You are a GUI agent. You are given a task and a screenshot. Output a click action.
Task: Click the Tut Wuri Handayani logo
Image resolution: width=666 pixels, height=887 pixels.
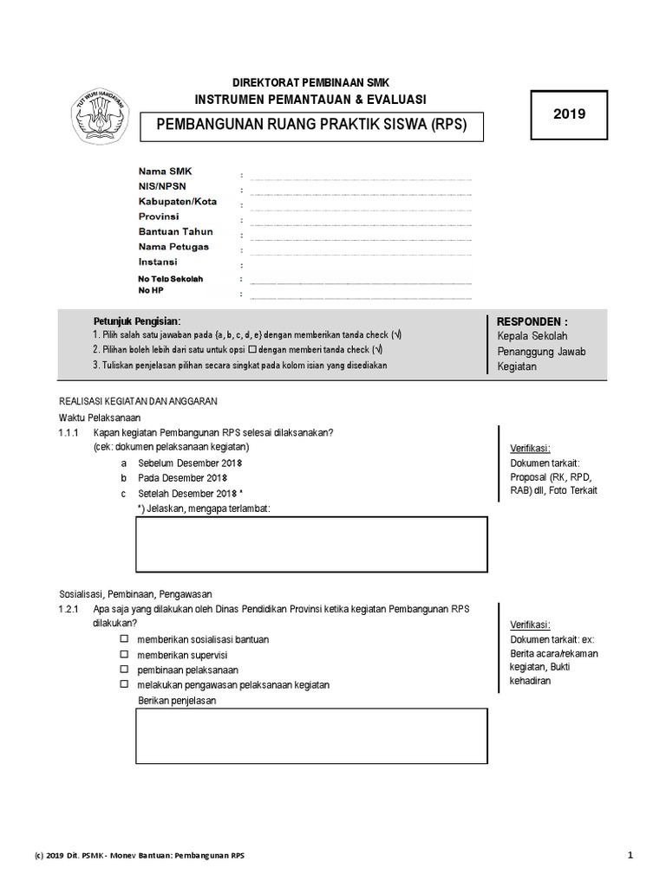coord(97,119)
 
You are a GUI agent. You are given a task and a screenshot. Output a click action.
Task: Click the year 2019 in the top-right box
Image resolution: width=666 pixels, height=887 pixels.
coord(569,113)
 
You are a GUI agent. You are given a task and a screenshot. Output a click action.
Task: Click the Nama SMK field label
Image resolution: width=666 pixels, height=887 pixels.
coord(165,172)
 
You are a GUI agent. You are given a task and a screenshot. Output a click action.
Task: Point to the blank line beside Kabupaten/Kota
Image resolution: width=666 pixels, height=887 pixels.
coord(360,210)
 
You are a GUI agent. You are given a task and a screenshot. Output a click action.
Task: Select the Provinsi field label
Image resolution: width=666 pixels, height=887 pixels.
coord(159,217)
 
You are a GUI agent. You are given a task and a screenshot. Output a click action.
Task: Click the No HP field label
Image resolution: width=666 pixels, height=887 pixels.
coord(151,291)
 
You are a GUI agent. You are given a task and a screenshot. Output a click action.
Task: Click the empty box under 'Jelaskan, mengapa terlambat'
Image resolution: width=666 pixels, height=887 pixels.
coord(311,545)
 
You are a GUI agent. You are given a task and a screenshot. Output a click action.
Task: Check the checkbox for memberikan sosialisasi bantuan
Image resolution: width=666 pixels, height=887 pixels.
coord(124,638)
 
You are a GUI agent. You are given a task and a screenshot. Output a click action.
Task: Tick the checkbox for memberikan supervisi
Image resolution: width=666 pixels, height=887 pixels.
coord(124,654)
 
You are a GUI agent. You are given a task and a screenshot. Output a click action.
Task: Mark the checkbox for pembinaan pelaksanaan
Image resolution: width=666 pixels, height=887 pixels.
coord(124,670)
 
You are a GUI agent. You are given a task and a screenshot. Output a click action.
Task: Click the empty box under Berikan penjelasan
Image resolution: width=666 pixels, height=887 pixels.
coord(311,736)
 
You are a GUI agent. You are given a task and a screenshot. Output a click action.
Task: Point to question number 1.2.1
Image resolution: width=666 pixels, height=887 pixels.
coord(69,609)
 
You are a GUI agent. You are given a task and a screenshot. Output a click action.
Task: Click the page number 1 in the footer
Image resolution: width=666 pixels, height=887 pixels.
coord(630,855)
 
